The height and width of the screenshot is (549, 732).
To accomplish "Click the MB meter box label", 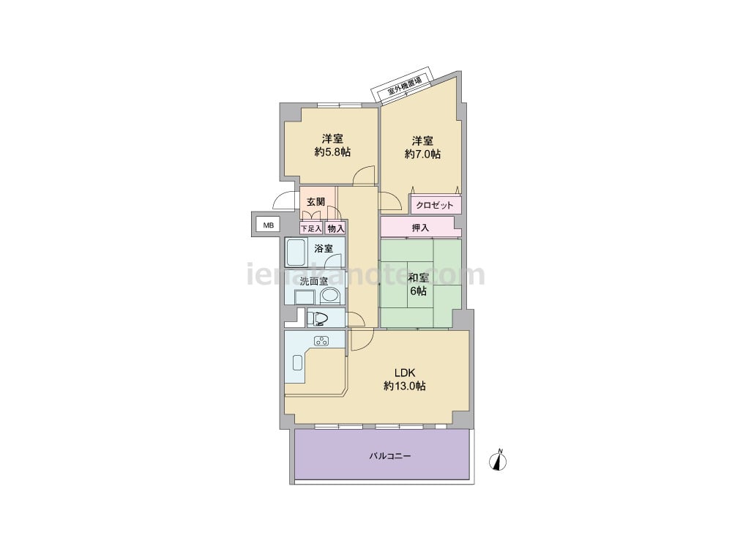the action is click(268, 225).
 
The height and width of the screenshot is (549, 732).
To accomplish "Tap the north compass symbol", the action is click(498, 460).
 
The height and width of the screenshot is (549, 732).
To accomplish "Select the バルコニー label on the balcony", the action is click(390, 455).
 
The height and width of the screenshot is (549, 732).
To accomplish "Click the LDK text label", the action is click(404, 373).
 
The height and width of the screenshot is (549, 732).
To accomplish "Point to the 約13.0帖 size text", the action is click(404, 386).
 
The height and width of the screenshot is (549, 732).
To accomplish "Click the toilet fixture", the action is click(318, 318).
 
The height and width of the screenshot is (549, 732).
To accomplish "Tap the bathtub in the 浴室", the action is click(295, 253).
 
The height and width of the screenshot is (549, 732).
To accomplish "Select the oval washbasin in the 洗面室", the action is click(330, 296).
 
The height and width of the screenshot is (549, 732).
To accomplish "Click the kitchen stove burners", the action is click(321, 341).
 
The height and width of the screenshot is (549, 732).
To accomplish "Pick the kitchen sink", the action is click(297, 363).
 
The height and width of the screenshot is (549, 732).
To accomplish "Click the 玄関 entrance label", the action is click(315, 202).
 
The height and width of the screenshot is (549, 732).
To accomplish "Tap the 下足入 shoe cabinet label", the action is click(310, 228).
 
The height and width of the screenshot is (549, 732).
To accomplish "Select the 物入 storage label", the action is click(336, 228).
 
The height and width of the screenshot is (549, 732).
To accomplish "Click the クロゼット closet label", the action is click(435, 205).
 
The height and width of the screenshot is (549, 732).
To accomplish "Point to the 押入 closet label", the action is click(420, 228).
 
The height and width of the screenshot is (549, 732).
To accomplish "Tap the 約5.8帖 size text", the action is click(332, 152).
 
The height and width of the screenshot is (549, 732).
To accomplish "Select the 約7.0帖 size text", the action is click(422, 154).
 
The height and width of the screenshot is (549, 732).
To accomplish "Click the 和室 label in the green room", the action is click(418, 277).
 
